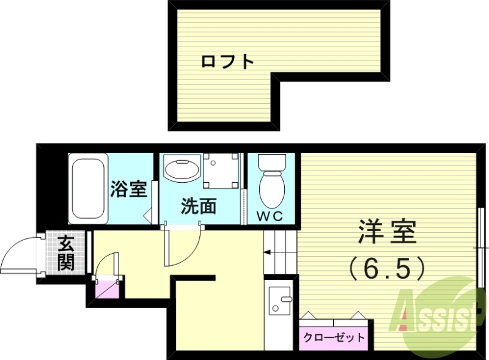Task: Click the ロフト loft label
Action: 227,61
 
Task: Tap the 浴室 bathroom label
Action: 128,189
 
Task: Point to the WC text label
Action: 269,215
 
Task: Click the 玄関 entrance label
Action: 65,253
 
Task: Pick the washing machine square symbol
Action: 220,171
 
